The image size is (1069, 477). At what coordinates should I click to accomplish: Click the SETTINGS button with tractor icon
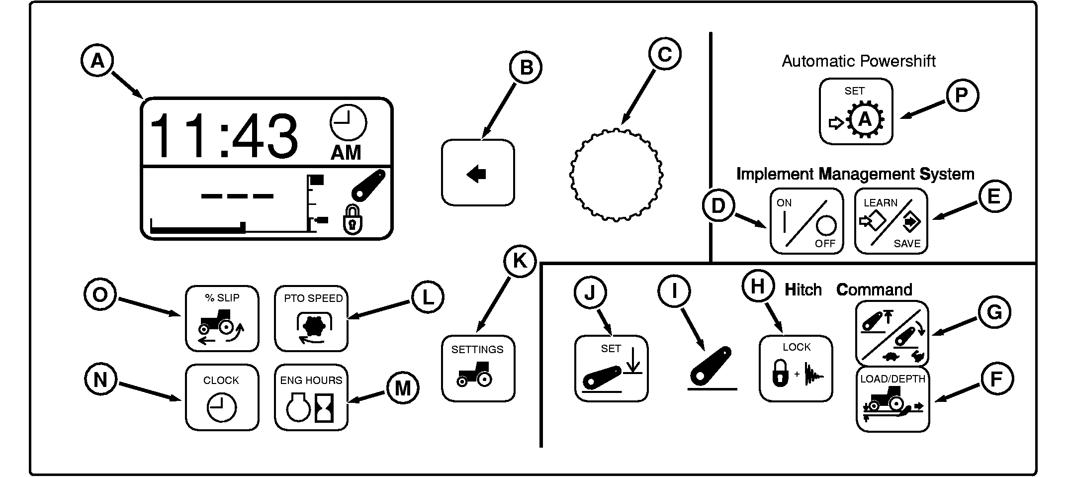[478, 369]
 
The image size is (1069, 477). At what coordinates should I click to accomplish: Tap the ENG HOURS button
[311, 397]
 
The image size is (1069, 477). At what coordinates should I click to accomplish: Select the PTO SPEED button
[311, 318]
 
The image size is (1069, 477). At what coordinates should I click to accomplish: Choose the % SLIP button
[222, 318]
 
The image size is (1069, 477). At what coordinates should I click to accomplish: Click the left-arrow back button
[478, 173]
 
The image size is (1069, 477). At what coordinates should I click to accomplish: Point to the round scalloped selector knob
[616, 175]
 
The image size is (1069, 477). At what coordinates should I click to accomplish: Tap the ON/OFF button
[806, 221]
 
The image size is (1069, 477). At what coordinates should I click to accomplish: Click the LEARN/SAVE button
[891, 221]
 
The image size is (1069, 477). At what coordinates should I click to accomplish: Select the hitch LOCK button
[796, 369]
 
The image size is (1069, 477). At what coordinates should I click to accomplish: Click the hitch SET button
[611, 369]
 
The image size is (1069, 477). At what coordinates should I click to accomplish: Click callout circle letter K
[520, 261]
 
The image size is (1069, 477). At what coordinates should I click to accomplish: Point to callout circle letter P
[962, 95]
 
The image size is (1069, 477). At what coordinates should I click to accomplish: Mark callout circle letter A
[97, 61]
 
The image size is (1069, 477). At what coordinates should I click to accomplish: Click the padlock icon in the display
[353, 220]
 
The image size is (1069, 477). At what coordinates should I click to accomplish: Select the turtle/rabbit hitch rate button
[892, 333]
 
